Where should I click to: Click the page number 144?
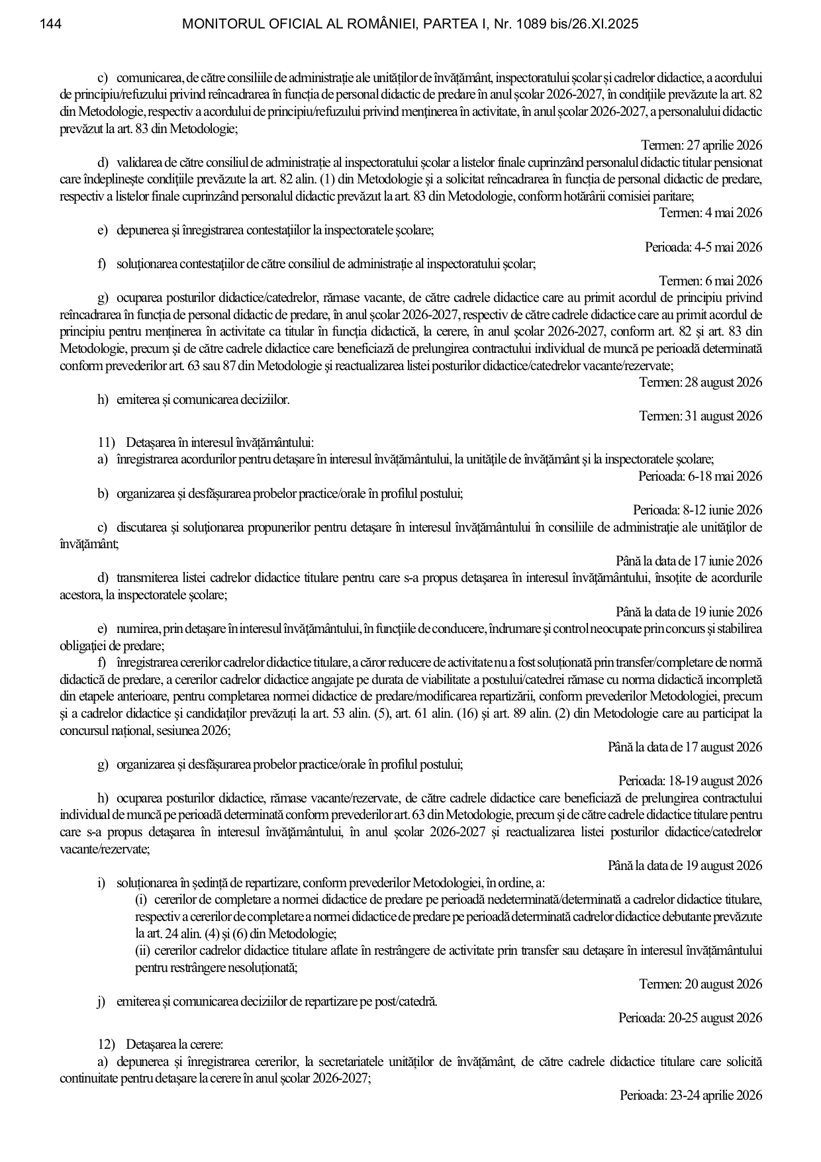click(51, 24)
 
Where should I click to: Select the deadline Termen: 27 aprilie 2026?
click(701, 145)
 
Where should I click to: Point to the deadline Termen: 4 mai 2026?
click(710, 213)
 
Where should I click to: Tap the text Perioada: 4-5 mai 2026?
click(703, 247)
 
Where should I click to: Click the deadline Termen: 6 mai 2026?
click(710, 281)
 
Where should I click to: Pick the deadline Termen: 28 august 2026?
click(700, 382)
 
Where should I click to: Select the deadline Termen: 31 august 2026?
click(700, 416)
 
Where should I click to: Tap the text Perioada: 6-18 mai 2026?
click(700, 476)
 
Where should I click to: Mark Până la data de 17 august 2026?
click(685, 747)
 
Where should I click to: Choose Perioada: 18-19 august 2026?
click(690, 781)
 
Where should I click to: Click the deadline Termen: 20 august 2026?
click(700, 984)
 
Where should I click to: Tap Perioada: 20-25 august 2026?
click(690, 1018)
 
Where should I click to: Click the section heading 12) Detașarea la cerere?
click(161, 1044)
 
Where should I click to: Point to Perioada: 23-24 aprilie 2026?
click(691, 1095)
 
